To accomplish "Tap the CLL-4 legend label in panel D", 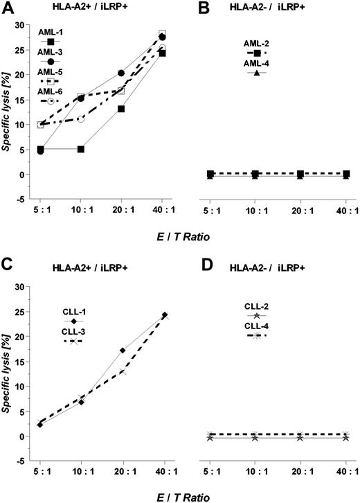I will (x=256, y=326).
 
